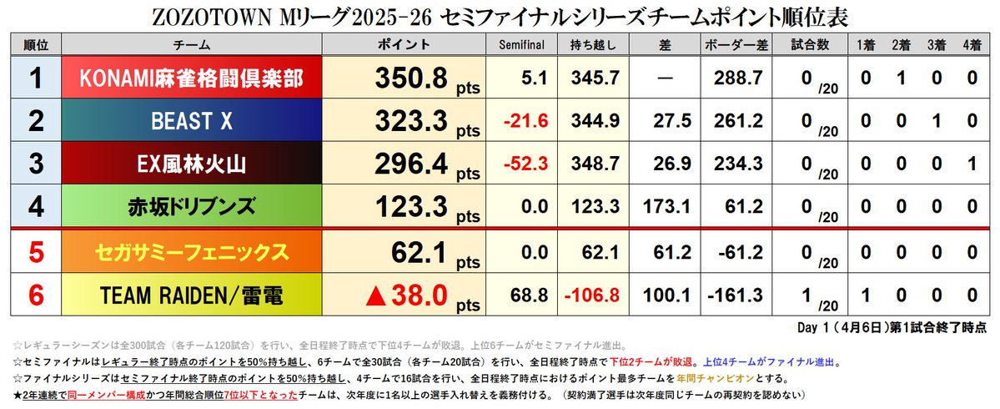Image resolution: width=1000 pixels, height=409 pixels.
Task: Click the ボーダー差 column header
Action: point(734,45)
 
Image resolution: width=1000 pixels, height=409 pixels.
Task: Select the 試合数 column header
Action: point(807,45)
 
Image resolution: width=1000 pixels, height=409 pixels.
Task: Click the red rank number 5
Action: point(36,251)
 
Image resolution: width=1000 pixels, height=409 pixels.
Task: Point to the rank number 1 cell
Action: point(36,78)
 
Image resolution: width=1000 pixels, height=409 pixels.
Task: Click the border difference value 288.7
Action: point(734,79)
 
